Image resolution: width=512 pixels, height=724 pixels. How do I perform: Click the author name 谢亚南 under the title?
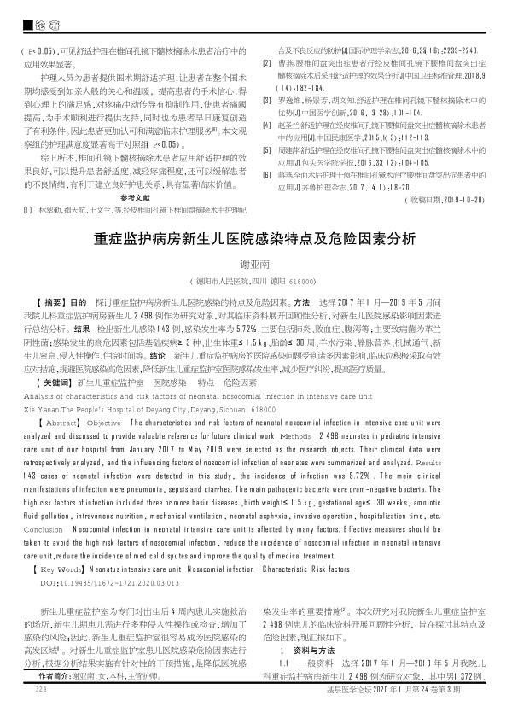coord(256,266)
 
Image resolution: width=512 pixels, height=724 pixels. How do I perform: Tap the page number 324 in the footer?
coord(37,711)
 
